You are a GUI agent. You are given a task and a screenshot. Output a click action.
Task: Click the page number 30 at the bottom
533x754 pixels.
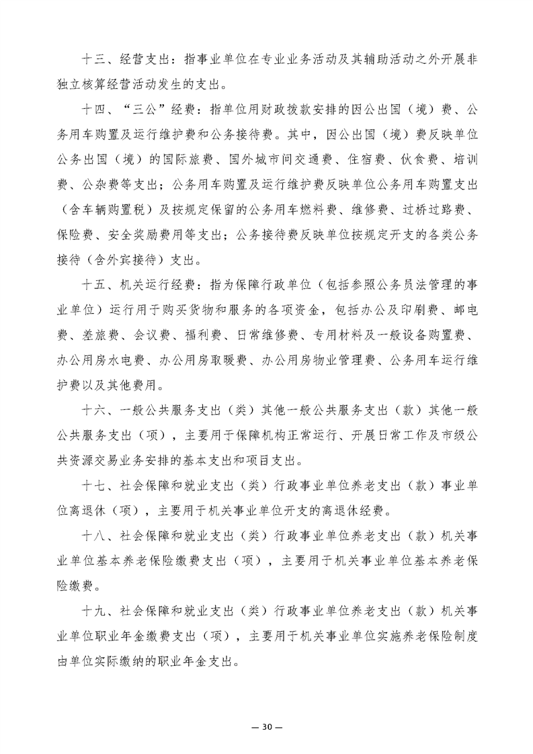point(266,708)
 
